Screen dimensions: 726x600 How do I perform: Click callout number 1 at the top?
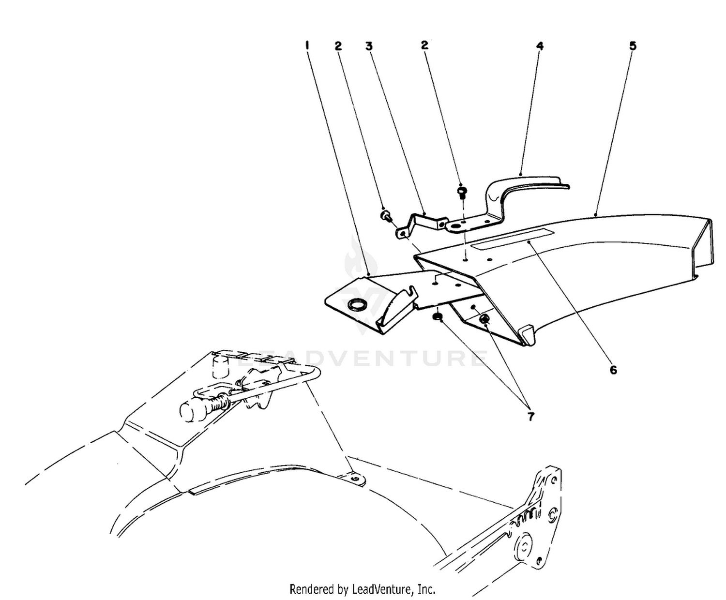pyautogui.click(x=307, y=45)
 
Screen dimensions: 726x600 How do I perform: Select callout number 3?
pyautogui.click(x=369, y=46)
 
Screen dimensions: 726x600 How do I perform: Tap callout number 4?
pyautogui.click(x=539, y=46)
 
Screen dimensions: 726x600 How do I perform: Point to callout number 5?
pyautogui.click(x=633, y=46)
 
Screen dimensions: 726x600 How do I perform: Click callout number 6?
pyautogui.click(x=613, y=370)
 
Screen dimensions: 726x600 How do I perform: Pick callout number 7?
pyautogui.click(x=530, y=417)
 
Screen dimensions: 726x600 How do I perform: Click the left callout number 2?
pyautogui.click(x=338, y=46)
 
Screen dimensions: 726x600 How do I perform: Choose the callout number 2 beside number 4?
pyautogui.click(x=424, y=45)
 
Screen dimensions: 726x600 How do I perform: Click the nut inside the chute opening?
pyautogui.click(x=484, y=318)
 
